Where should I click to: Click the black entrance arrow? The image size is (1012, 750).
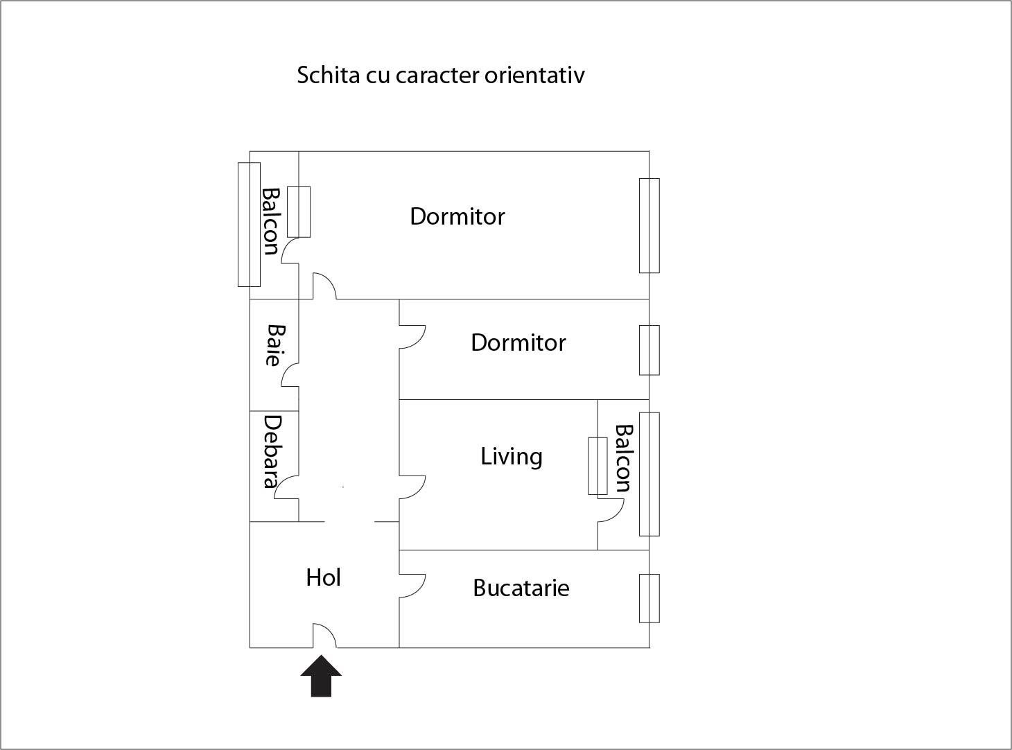pos(321,676)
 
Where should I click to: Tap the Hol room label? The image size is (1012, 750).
pos(324,577)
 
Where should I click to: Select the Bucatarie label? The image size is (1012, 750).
pos(521,588)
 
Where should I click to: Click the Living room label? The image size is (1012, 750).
pos(512,457)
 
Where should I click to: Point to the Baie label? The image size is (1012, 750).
pos(276,345)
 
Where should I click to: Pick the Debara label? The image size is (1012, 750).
pos(273,451)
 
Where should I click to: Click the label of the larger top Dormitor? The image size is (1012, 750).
pos(457,216)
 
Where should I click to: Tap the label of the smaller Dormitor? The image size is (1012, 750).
pos(518,343)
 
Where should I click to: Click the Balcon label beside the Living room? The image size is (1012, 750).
pos(624,458)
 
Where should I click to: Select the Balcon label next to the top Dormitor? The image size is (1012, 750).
pos(270,221)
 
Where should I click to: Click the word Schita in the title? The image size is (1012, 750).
pos(329,75)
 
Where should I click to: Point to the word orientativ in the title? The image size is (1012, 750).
pos(534,75)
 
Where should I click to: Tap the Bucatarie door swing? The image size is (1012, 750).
pos(412,586)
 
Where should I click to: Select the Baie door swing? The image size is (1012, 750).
pos(290,375)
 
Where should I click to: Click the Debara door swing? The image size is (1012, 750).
pos(286,487)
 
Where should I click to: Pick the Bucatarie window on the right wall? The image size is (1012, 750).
pos(649,598)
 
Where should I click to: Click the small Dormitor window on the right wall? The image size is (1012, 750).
pos(649,350)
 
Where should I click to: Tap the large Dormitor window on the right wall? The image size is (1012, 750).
pos(649,225)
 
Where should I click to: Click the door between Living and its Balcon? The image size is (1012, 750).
pos(611,510)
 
